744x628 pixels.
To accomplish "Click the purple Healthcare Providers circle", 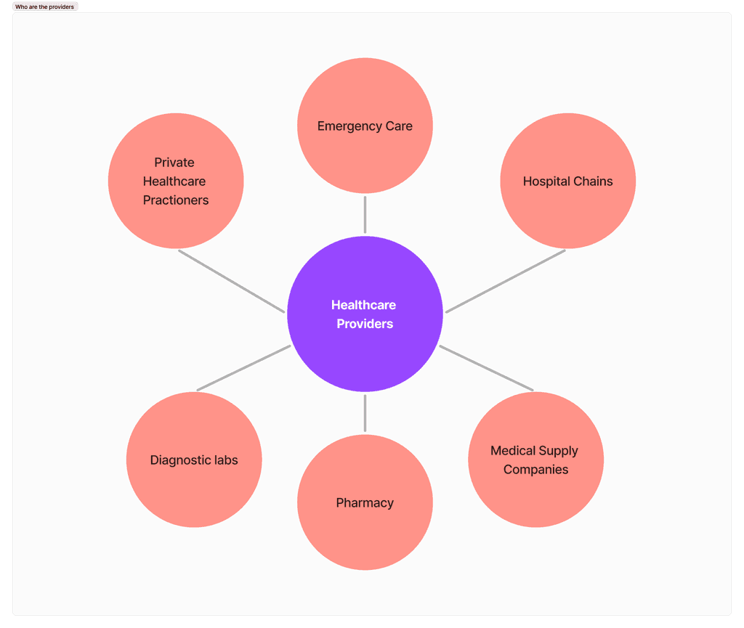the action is click(365, 314).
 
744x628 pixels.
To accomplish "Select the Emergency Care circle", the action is click(365, 126).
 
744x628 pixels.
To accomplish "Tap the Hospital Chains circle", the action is click(568, 181).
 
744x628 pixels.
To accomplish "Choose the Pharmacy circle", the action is click(365, 502).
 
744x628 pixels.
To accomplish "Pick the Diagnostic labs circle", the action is click(194, 460).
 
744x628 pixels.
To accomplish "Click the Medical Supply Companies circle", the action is click(535, 460).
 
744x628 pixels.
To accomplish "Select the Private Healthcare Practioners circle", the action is click(176, 181).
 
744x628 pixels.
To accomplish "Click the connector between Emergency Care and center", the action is click(365, 215).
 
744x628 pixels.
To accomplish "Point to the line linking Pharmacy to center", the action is click(365, 413).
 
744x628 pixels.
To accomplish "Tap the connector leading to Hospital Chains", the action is click(506, 281).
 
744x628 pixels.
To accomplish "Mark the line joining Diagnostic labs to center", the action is click(244, 368).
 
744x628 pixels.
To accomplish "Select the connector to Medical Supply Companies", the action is click(486, 368).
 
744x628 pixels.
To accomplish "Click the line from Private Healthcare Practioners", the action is click(232, 281).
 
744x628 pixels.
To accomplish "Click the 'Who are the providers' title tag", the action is click(44, 7).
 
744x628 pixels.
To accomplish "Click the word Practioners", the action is click(176, 200).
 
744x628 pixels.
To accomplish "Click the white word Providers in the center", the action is click(365, 324).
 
